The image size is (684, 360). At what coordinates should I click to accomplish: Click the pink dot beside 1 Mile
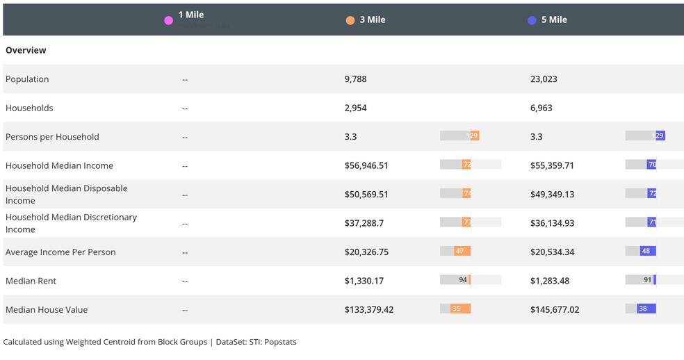point(168,20)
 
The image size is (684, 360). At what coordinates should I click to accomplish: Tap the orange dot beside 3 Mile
point(350,20)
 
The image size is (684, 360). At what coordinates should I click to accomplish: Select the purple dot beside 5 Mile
point(532,20)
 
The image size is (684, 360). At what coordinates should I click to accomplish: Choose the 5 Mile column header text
point(554,19)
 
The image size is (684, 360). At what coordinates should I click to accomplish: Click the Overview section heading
point(26,50)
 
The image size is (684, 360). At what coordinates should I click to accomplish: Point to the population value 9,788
point(355,79)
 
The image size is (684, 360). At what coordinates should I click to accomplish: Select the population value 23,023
point(544,79)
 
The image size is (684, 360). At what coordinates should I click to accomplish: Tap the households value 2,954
point(355,108)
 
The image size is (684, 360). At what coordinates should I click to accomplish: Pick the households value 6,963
point(541,108)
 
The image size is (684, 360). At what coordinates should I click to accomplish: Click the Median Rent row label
point(31,281)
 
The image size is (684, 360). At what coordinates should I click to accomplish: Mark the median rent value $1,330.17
point(364,281)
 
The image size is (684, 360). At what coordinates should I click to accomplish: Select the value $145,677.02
point(554,310)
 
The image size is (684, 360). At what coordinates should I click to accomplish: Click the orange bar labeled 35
point(460,309)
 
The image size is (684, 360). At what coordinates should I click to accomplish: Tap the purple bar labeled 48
point(648,251)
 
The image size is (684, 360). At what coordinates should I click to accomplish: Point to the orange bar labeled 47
point(462,251)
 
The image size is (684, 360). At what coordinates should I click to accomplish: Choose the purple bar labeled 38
point(646,309)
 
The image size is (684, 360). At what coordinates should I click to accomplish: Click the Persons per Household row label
point(52,137)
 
